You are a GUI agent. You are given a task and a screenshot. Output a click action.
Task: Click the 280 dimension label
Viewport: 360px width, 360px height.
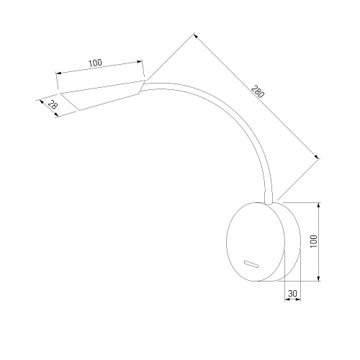tap(258, 91)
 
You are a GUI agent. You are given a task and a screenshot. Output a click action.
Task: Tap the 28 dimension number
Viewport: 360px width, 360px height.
tap(52, 105)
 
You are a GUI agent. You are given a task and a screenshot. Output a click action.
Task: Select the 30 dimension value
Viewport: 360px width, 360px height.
tap(292, 293)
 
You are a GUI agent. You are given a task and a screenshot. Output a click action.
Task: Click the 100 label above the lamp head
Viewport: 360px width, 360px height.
tap(95, 63)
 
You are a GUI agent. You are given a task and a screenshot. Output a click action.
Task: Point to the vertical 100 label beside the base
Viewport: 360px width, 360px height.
tap(314, 241)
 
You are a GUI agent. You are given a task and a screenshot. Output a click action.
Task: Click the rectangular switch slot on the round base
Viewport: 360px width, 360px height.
tap(251, 264)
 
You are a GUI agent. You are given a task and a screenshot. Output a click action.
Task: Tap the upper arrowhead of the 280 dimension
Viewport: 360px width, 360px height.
tap(196, 36)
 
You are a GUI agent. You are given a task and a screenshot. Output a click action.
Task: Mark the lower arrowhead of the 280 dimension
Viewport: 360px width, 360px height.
tap(317, 157)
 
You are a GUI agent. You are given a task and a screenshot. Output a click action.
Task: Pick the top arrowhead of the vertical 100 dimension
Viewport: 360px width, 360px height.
tap(318, 205)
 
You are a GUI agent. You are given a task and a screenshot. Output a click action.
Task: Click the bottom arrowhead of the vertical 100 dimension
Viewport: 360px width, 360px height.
tap(318, 278)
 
